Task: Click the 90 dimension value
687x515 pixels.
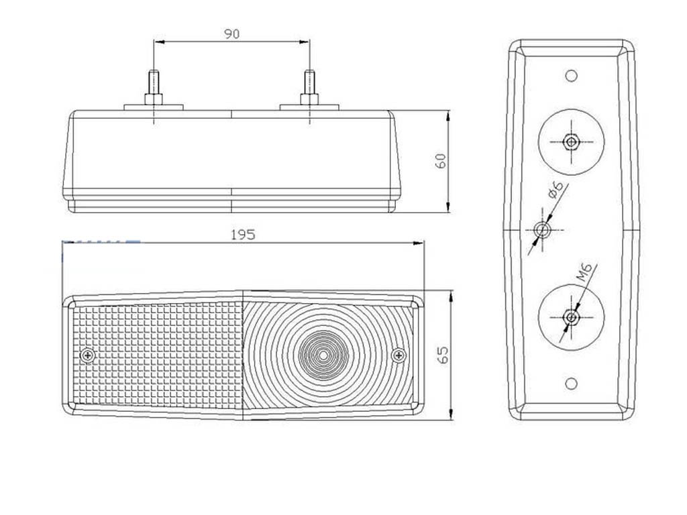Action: pyautogui.click(x=231, y=34)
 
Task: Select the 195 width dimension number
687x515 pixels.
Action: pyautogui.click(x=243, y=235)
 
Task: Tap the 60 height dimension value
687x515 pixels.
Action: pyautogui.click(x=441, y=161)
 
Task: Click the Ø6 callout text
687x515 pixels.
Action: pyautogui.click(x=556, y=190)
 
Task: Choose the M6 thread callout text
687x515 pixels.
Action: pyautogui.click(x=584, y=272)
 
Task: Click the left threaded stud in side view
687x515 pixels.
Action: pyautogui.click(x=154, y=88)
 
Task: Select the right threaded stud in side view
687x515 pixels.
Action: pyautogui.click(x=309, y=88)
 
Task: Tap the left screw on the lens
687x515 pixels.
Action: pyautogui.click(x=88, y=355)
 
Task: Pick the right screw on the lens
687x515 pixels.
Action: pyautogui.click(x=399, y=355)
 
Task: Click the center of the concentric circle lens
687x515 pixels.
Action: pyautogui.click(x=323, y=355)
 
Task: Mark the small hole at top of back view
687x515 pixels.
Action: pyautogui.click(x=571, y=76)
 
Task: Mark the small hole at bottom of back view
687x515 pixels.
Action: pyautogui.click(x=571, y=384)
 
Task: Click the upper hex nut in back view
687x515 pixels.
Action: pyautogui.click(x=571, y=141)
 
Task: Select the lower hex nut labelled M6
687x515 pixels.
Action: pyautogui.click(x=571, y=317)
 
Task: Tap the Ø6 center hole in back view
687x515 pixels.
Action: pyautogui.click(x=542, y=229)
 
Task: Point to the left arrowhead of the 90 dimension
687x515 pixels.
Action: pyautogui.click(x=158, y=42)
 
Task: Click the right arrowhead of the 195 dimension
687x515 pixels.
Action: pyautogui.click(x=419, y=243)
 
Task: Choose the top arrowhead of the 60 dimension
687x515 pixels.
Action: pyautogui.click(x=447, y=116)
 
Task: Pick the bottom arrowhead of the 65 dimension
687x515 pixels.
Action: pyautogui.click(x=451, y=414)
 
